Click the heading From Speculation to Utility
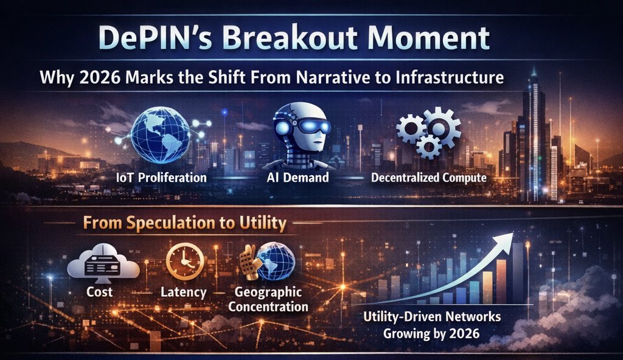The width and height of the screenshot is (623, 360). pos(184,223)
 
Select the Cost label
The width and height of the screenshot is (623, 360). pos(100,293)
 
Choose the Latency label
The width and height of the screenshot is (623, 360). pos(183,293)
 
